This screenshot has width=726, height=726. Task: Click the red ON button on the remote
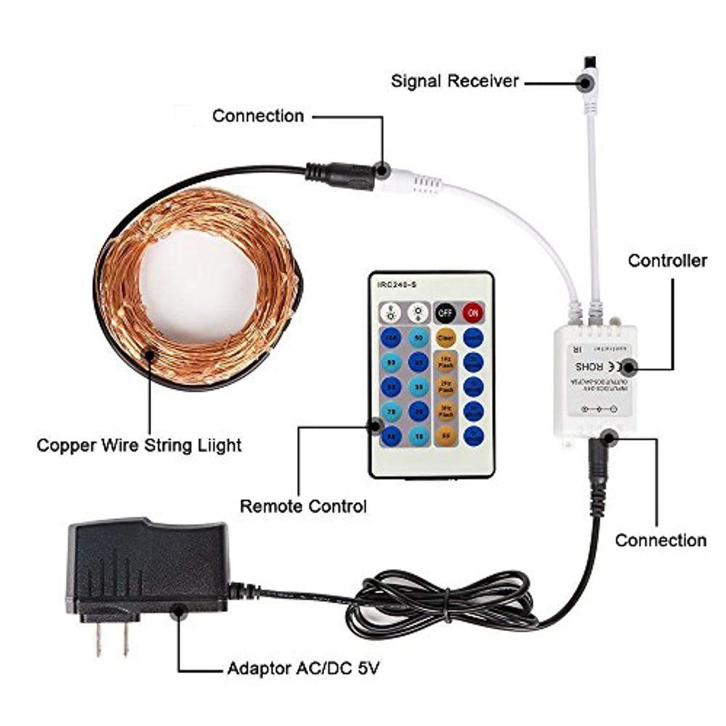473,311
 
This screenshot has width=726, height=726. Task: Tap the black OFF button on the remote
445,311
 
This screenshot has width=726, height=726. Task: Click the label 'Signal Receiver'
454,81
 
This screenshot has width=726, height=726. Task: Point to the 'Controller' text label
667,261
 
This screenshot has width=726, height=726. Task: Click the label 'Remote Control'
303,506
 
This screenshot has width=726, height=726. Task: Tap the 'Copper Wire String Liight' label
139,445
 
